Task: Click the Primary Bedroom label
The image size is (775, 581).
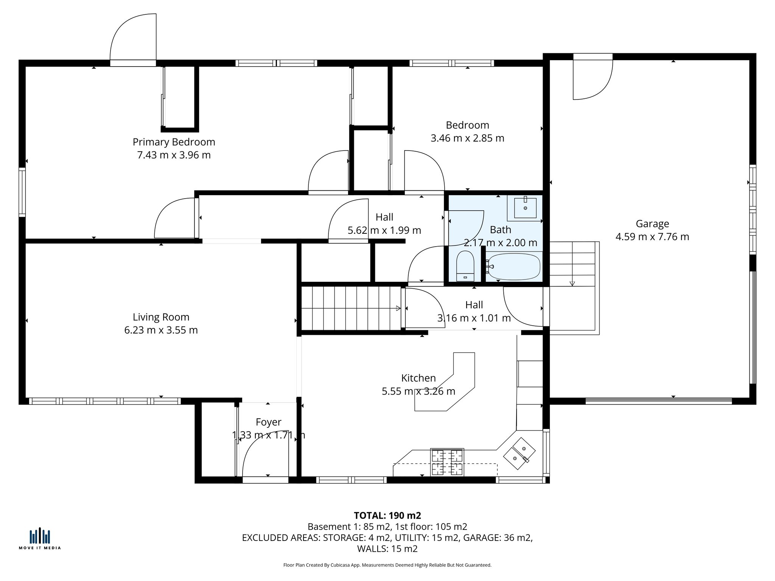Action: pyautogui.click(x=174, y=142)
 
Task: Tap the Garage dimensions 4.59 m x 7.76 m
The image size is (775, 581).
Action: pyautogui.click(x=652, y=237)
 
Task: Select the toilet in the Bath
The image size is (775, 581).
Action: pyautogui.click(x=465, y=266)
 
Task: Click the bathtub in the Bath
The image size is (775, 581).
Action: pyautogui.click(x=513, y=267)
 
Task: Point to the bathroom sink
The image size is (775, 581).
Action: pyautogui.click(x=525, y=208)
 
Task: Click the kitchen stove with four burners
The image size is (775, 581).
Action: pyautogui.click(x=447, y=462)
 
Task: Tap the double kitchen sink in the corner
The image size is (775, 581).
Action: pyautogui.click(x=519, y=453)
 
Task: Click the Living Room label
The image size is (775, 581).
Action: pyautogui.click(x=161, y=317)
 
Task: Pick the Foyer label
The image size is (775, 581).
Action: pyautogui.click(x=268, y=422)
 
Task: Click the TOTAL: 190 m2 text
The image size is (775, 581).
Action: pyautogui.click(x=387, y=516)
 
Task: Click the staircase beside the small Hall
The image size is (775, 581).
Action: pyautogui.click(x=350, y=308)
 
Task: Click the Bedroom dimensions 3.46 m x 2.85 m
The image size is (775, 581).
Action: pyautogui.click(x=467, y=138)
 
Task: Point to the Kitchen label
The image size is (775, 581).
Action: pyautogui.click(x=418, y=378)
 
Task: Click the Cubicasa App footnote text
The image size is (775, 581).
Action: pyautogui.click(x=387, y=565)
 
